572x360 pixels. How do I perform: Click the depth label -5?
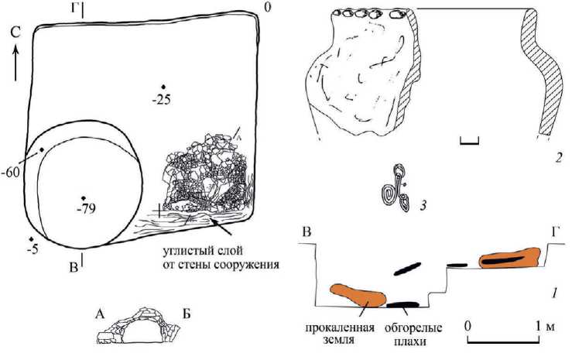31,249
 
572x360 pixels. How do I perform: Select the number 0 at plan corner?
267,8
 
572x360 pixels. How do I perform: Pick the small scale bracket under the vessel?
469,140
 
